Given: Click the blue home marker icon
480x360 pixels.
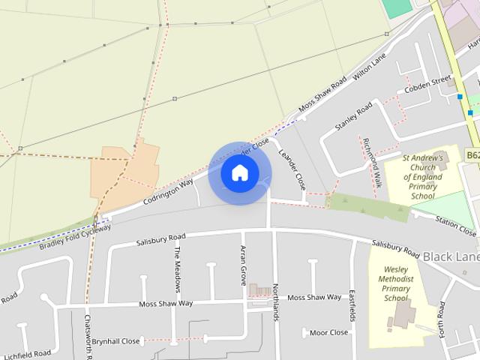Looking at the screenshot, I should point(240,173).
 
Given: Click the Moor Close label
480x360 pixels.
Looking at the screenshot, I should point(328,332).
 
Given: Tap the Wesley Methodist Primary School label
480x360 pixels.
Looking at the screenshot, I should point(395,283).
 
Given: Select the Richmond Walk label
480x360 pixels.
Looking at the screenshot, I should point(373,162).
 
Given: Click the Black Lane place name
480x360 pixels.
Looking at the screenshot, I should point(451,256).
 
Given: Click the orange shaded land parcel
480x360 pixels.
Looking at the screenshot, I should point(124,172).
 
